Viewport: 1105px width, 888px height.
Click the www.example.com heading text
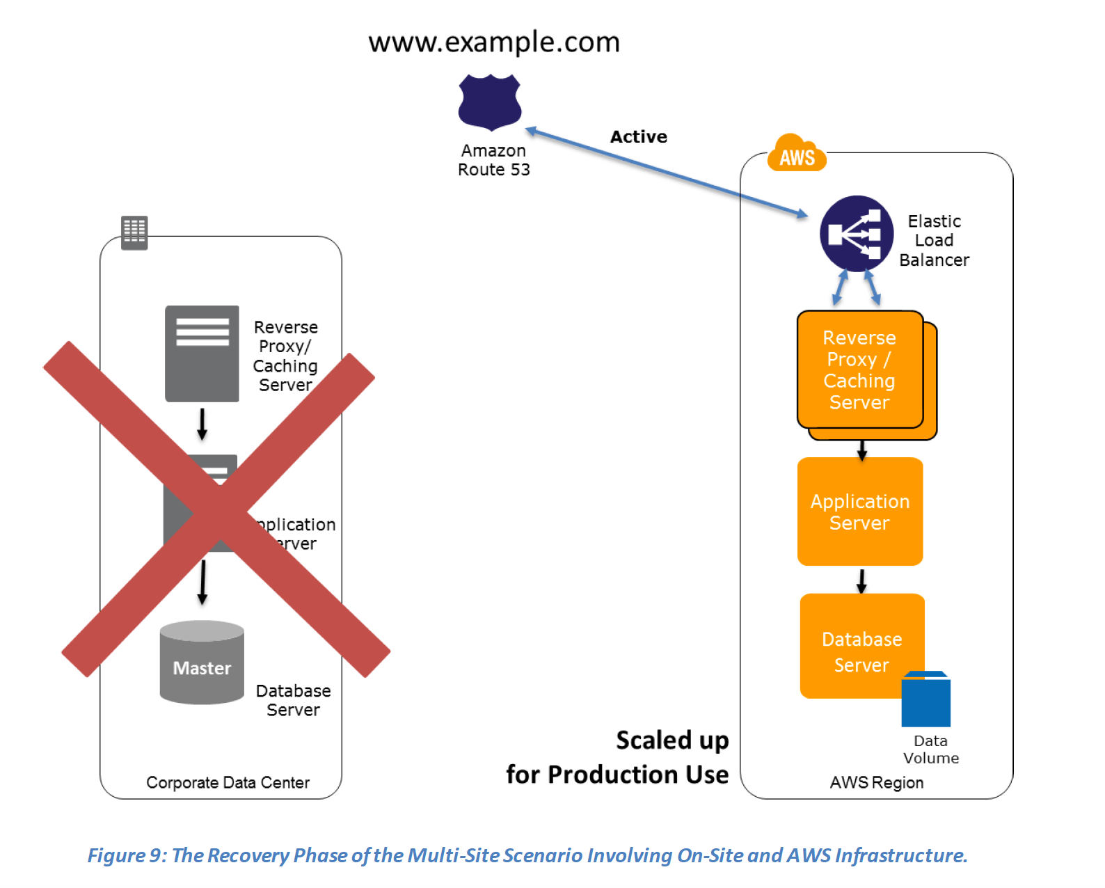[x=493, y=42]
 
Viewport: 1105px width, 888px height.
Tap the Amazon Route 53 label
[x=493, y=160]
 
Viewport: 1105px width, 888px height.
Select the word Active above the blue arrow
[x=638, y=136]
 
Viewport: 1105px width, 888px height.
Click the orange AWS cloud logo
[x=797, y=154]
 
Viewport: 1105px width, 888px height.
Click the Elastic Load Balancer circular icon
[x=856, y=234]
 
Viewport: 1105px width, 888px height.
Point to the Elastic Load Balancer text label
[x=934, y=240]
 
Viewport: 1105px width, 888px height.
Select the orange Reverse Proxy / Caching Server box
[x=859, y=370]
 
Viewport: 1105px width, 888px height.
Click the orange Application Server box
[x=859, y=512]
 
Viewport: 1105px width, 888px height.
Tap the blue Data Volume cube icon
[x=925, y=700]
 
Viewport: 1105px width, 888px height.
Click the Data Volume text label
[x=930, y=750]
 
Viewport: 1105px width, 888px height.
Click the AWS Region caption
[x=876, y=782]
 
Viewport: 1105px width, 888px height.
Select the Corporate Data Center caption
[x=228, y=782]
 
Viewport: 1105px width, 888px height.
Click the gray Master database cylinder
[x=202, y=665]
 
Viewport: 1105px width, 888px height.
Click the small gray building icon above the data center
[x=134, y=232]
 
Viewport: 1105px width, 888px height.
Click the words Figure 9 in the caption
[x=125, y=855]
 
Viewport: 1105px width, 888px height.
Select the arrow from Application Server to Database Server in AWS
[x=861, y=580]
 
